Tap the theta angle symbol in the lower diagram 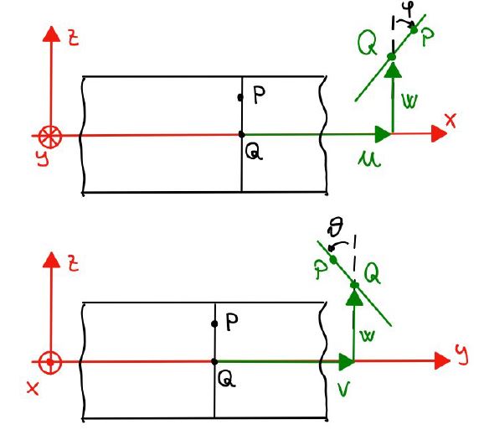336,228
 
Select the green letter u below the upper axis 369,160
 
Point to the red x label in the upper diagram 451,120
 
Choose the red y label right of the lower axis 461,355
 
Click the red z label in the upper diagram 74,39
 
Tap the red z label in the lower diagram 74,265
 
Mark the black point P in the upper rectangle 240,97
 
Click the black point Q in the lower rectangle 214,361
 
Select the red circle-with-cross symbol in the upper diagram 50,137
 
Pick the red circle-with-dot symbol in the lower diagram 50,362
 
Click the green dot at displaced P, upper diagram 414,30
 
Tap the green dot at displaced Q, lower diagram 355,285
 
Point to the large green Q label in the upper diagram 368,44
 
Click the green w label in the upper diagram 409,101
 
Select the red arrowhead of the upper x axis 439,134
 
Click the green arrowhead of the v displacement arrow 347,362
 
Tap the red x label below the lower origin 33,388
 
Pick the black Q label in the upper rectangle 254,153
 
